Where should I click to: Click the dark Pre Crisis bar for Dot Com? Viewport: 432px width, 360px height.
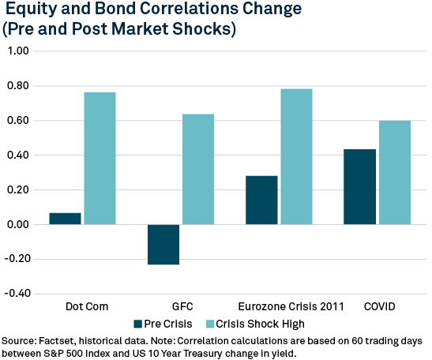coord(65,219)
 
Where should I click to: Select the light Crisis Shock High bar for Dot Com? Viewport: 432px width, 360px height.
coord(100,158)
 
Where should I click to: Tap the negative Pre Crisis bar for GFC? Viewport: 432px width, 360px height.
coord(163,244)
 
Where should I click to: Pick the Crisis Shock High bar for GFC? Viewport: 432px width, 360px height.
coord(198,169)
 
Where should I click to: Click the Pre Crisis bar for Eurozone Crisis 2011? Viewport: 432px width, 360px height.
coord(261,200)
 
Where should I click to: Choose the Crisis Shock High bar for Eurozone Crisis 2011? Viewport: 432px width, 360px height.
coord(296,156)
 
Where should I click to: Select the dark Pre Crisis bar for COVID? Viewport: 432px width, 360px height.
coord(359,186)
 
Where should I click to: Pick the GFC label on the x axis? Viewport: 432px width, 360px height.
coord(182,306)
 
